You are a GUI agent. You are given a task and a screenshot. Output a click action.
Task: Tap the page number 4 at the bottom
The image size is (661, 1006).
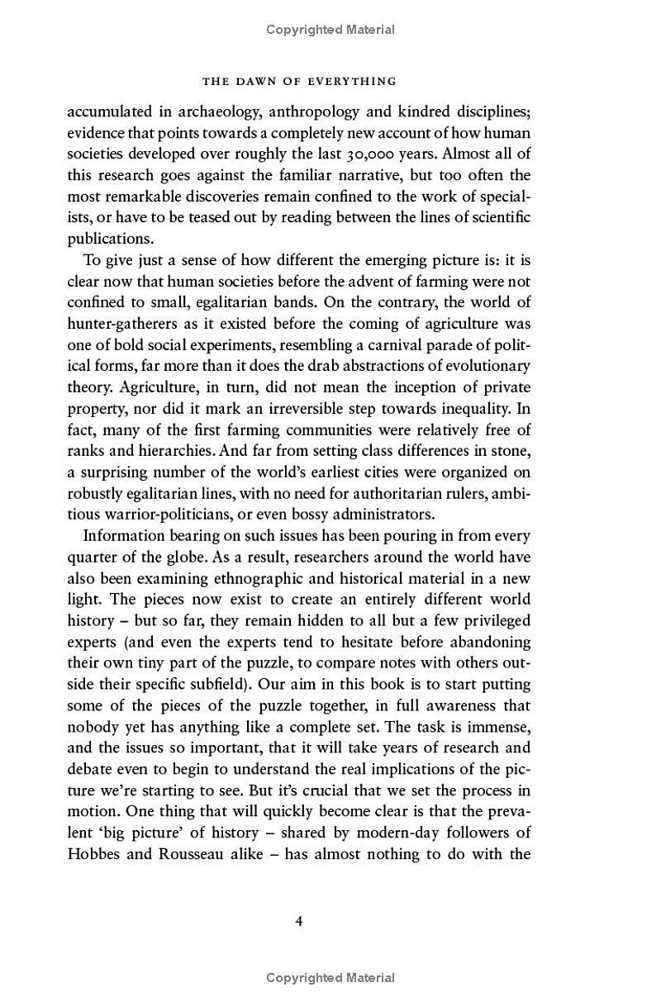[x=299, y=921]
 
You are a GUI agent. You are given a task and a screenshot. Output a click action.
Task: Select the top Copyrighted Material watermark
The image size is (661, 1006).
[x=330, y=30]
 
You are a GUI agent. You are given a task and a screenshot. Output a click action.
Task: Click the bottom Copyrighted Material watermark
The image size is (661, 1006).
[x=330, y=978]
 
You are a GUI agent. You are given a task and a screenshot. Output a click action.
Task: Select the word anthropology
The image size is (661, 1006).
[x=344, y=112]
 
